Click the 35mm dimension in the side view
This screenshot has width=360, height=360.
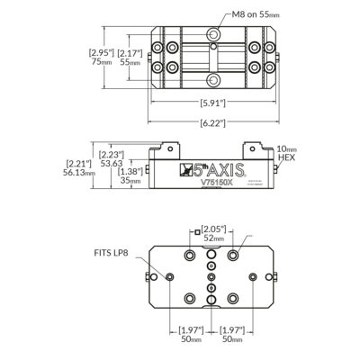(x=130, y=181)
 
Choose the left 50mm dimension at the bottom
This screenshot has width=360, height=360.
(x=189, y=340)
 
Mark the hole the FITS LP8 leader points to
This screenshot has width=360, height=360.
(x=167, y=276)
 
